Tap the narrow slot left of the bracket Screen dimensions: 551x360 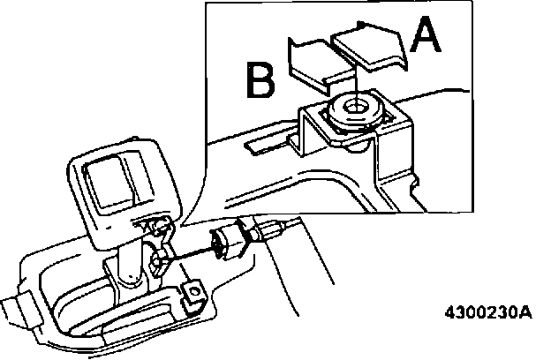click(x=265, y=140)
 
